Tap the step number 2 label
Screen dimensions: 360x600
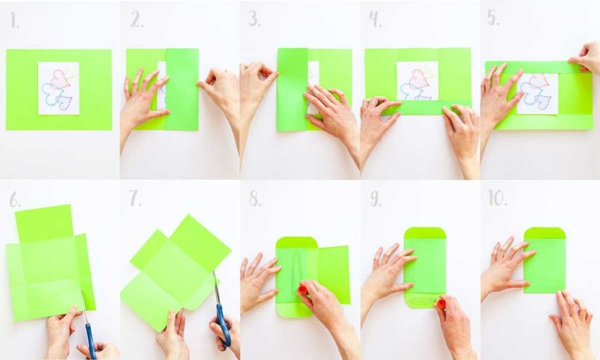click(137, 21)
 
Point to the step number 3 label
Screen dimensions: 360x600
click(254, 19)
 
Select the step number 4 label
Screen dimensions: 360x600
click(375, 19)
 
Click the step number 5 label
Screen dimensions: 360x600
click(493, 18)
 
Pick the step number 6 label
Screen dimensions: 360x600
click(15, 200)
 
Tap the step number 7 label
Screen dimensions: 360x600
click(135, 199)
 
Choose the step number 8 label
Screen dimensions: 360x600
click(254, 199)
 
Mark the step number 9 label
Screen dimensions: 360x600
click(376, 199)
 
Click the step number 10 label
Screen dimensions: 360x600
click(497, 198)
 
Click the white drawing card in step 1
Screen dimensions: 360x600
click(59, 88)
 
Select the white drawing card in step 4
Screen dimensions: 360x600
click(417, 80)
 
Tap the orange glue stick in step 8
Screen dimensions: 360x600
click(303, 290)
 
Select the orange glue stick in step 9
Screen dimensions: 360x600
click(441, 303)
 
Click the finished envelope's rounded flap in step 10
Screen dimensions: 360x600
click(544, 233)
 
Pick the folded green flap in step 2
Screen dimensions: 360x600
click(182, 89)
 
